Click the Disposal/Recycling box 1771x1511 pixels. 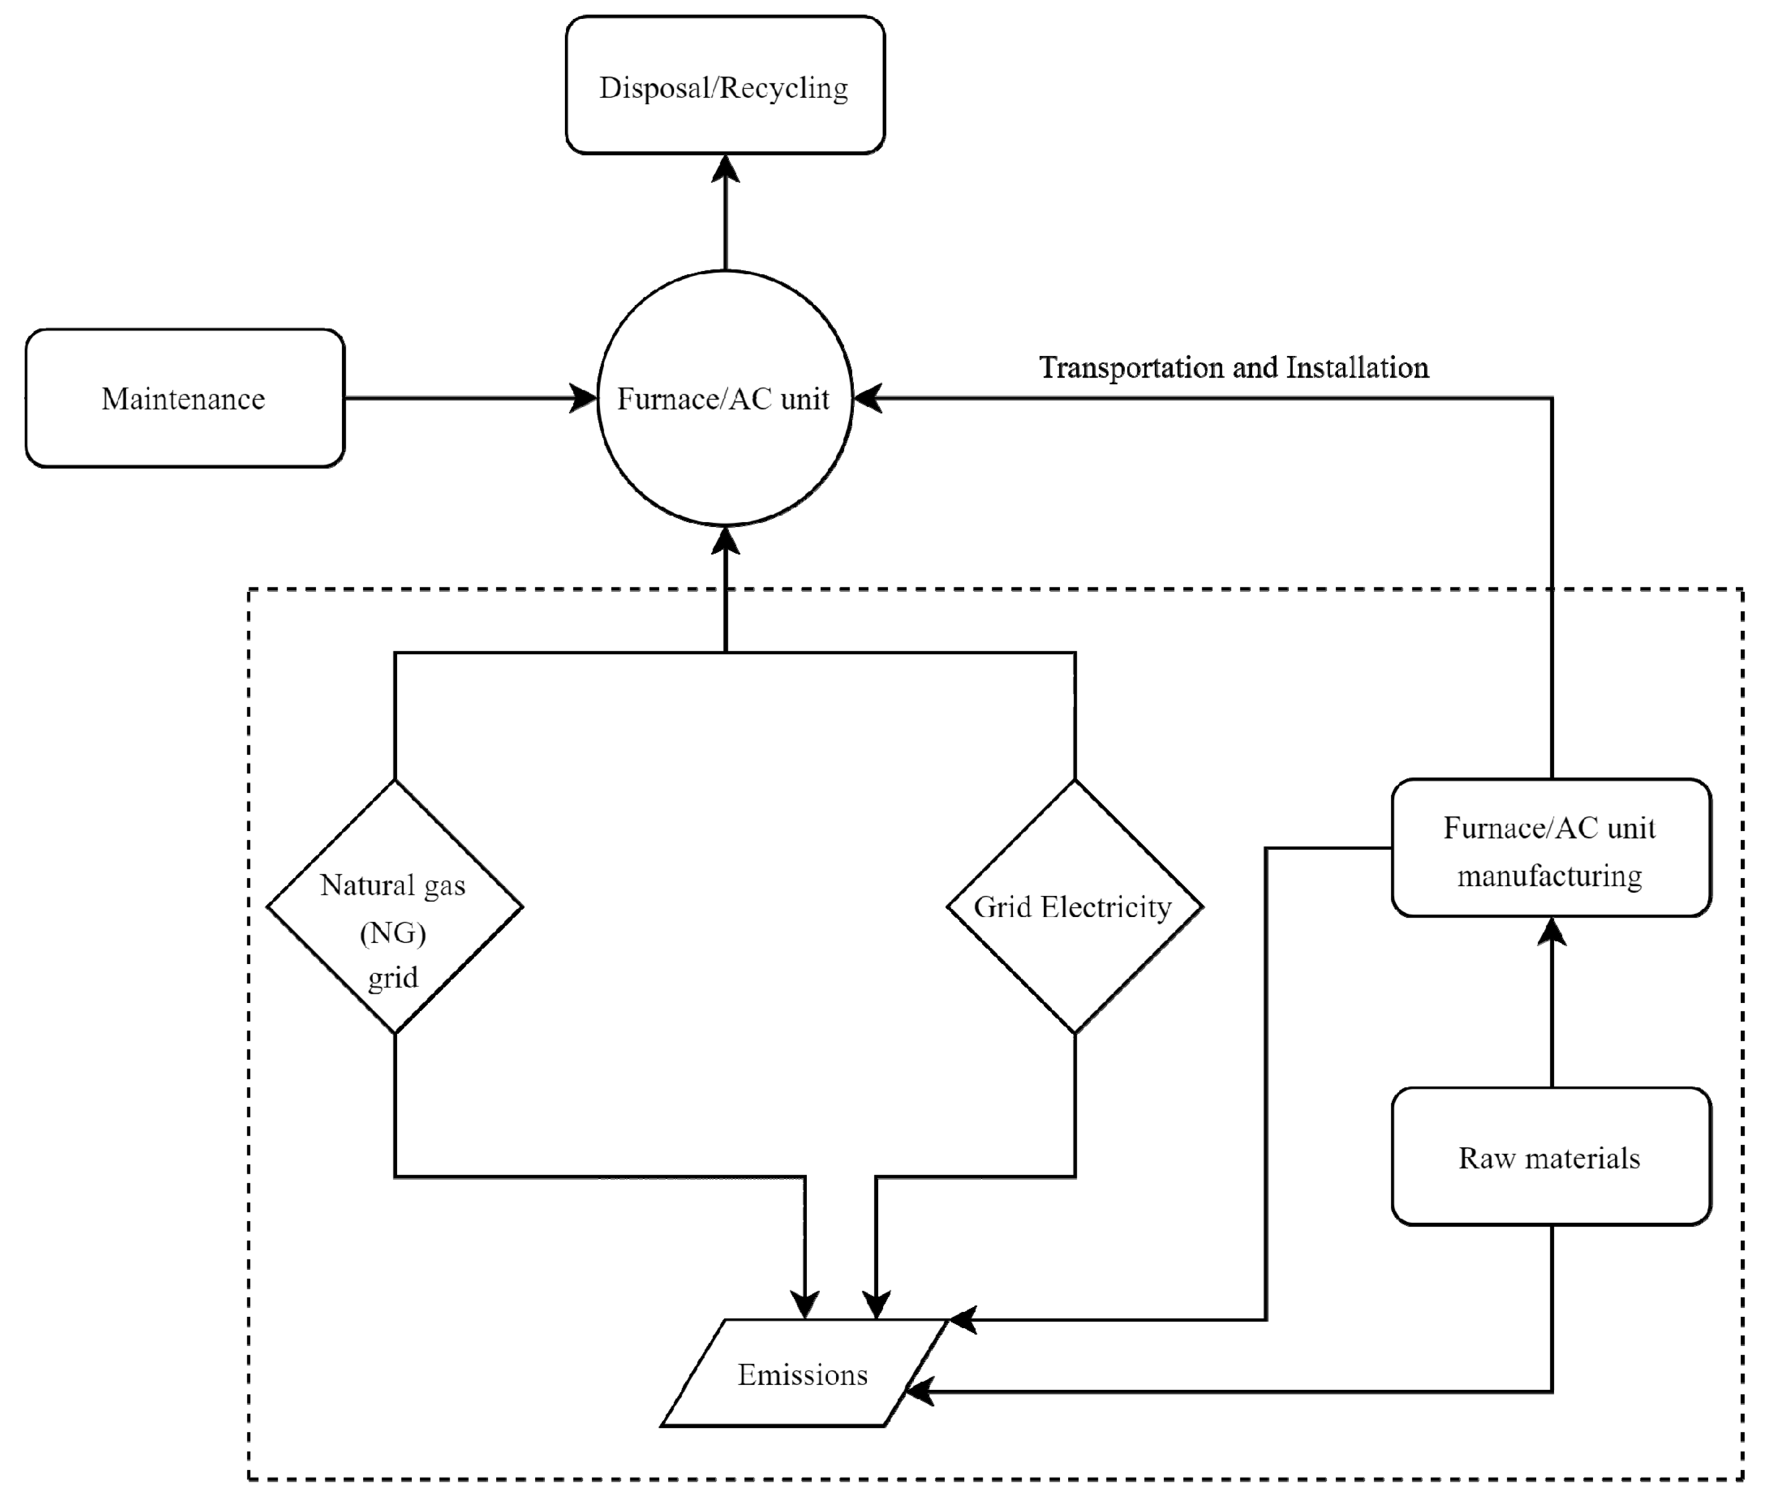(725, 84)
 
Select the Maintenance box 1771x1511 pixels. (185, 398)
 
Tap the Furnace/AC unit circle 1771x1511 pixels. (725, 398)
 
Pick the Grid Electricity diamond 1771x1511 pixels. (1075, 906)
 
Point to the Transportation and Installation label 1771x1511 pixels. (1233, 367)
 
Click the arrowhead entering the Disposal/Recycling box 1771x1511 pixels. (725, 168)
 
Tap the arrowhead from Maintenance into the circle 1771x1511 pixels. (583, 398)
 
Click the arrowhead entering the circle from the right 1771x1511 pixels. (867, 398)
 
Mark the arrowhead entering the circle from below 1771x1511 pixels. (725, 540)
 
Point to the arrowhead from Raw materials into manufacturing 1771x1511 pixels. (1551, 932)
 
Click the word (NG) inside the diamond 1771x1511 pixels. (393, 933)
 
